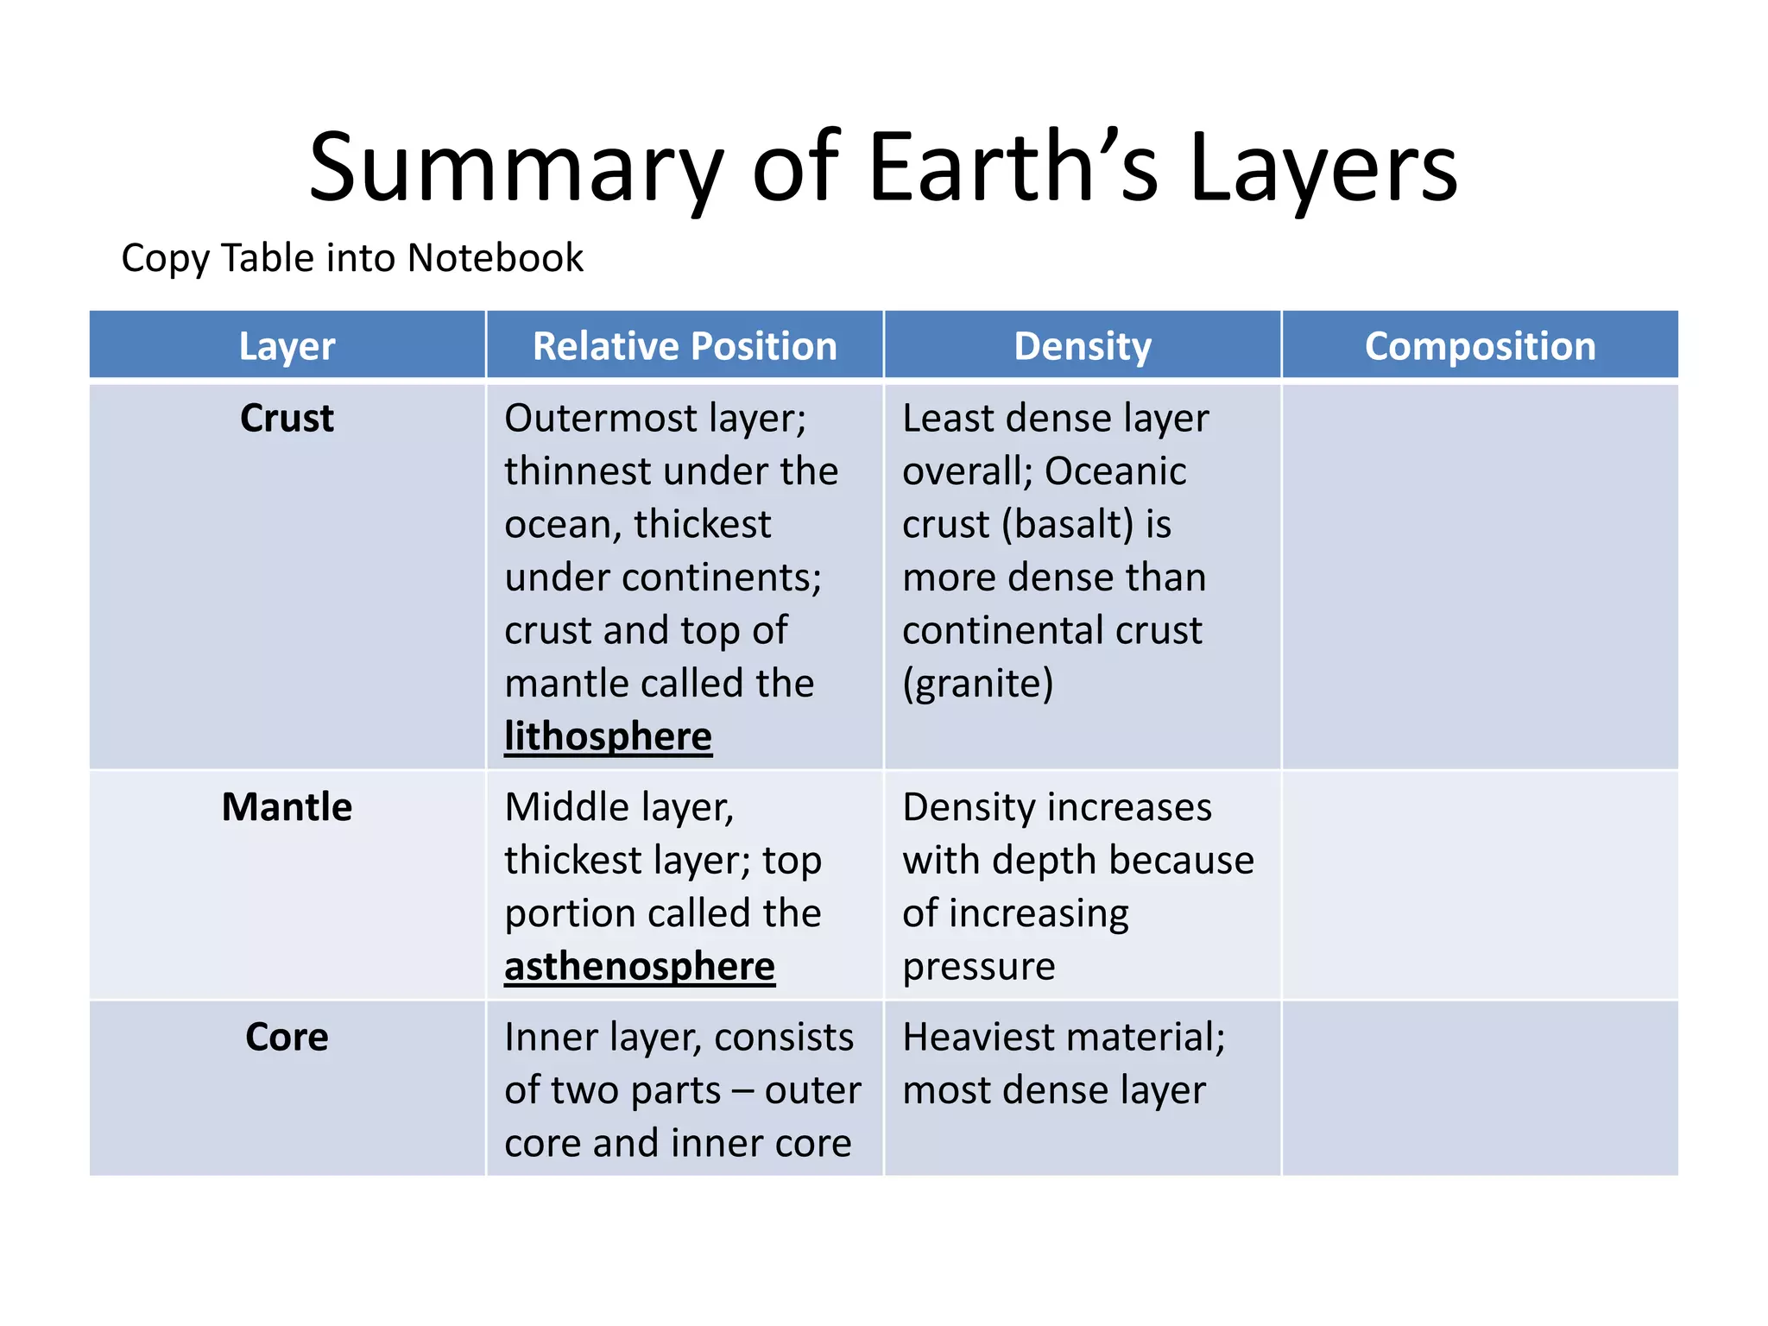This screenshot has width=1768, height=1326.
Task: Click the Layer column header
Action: (287, 346)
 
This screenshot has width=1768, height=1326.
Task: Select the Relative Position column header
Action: (685, 346)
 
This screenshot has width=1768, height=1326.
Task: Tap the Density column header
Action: (1083, 346)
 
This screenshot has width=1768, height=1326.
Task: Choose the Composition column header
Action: (1480, 346)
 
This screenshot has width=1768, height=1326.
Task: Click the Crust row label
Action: (287, 419)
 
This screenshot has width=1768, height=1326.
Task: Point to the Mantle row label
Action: (287, 807)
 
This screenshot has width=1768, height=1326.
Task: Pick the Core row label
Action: (287, 1037)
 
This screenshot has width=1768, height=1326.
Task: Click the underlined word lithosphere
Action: (608, 736)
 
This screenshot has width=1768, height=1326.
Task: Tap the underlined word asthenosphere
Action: (640, 966)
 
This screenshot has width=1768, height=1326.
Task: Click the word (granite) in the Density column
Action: (978, 684)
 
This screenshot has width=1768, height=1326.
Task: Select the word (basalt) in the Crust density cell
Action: (1068, 524)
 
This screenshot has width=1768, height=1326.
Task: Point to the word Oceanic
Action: (1115, 471)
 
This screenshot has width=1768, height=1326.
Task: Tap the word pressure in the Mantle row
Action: (978, 966)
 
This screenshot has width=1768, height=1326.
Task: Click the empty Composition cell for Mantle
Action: (1480, 885)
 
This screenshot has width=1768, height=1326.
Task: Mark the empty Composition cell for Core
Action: (1480, 1088)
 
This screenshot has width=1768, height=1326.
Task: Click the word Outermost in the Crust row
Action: (600, 419)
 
